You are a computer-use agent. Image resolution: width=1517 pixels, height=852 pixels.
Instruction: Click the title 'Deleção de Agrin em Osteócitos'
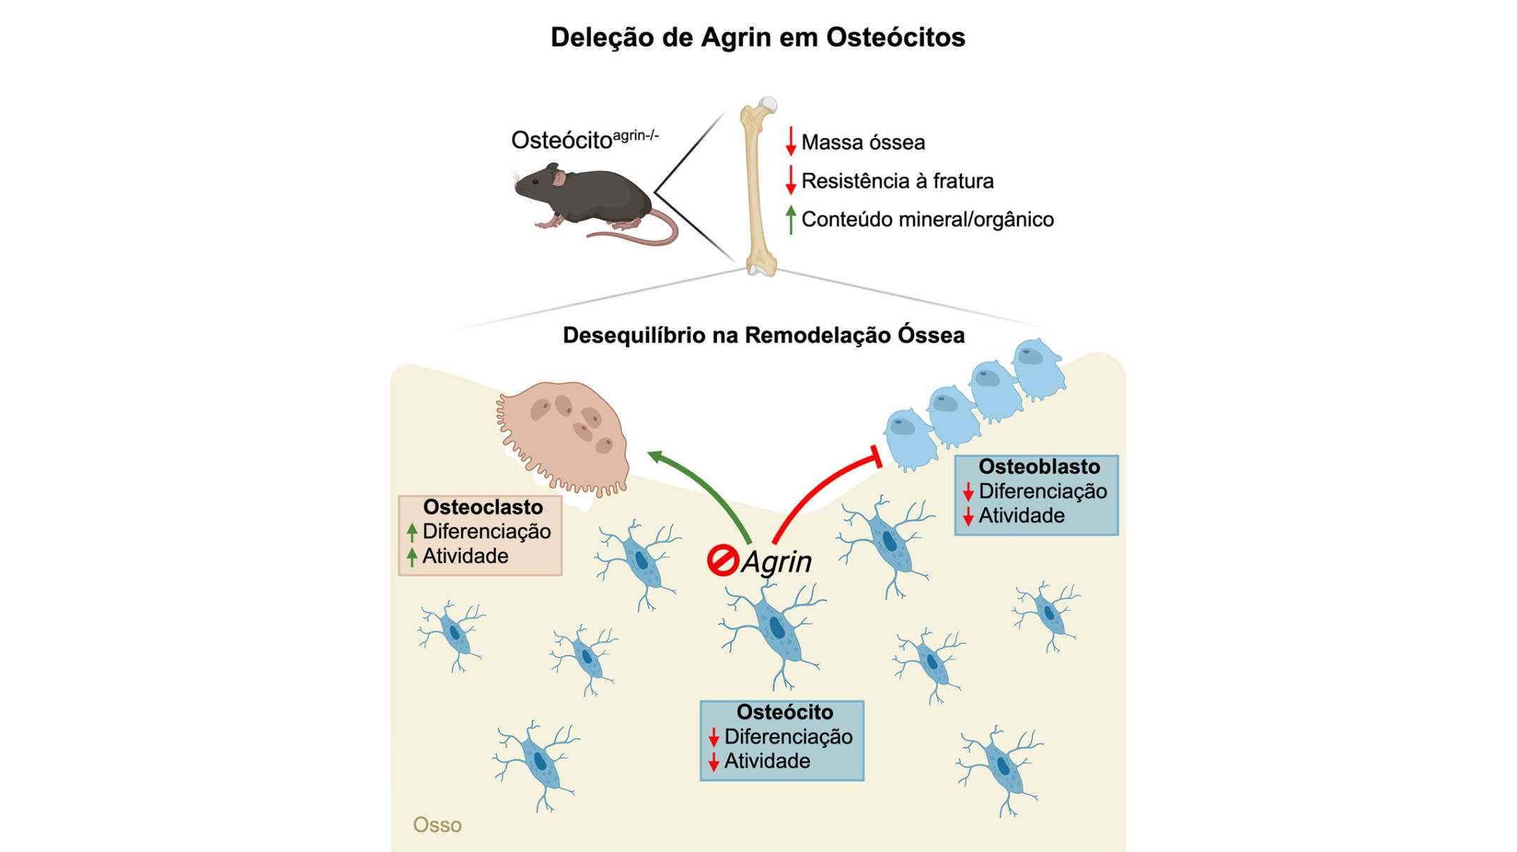point(758,37)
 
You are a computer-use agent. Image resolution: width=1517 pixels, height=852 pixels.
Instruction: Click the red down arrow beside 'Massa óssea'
point(791,141)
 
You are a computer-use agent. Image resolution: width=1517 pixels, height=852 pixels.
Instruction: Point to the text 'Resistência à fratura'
point(897,182)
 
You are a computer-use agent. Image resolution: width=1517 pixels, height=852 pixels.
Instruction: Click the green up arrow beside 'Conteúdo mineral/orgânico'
point(791,219)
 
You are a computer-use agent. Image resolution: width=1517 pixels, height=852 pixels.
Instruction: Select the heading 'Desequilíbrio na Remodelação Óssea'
point(763,335)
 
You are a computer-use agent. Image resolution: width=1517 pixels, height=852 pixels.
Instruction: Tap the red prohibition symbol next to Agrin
point(722,562)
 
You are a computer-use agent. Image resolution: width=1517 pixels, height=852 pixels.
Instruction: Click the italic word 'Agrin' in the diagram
point(777,562)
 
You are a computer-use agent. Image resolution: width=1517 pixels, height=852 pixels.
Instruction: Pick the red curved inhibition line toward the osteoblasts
point(819,491)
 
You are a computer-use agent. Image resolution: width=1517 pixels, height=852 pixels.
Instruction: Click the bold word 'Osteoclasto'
point(483,507)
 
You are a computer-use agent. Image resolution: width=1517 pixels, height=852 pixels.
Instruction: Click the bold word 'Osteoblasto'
point(1039,467)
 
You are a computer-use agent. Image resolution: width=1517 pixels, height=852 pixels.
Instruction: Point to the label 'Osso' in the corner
point(437,825)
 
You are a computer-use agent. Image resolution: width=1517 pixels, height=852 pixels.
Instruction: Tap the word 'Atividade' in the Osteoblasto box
point(1021,516)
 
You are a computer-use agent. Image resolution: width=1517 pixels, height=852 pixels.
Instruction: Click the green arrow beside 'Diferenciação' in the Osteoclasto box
point(412,532)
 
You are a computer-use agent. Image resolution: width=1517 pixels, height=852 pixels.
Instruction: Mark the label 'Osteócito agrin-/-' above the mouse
point(585,139)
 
